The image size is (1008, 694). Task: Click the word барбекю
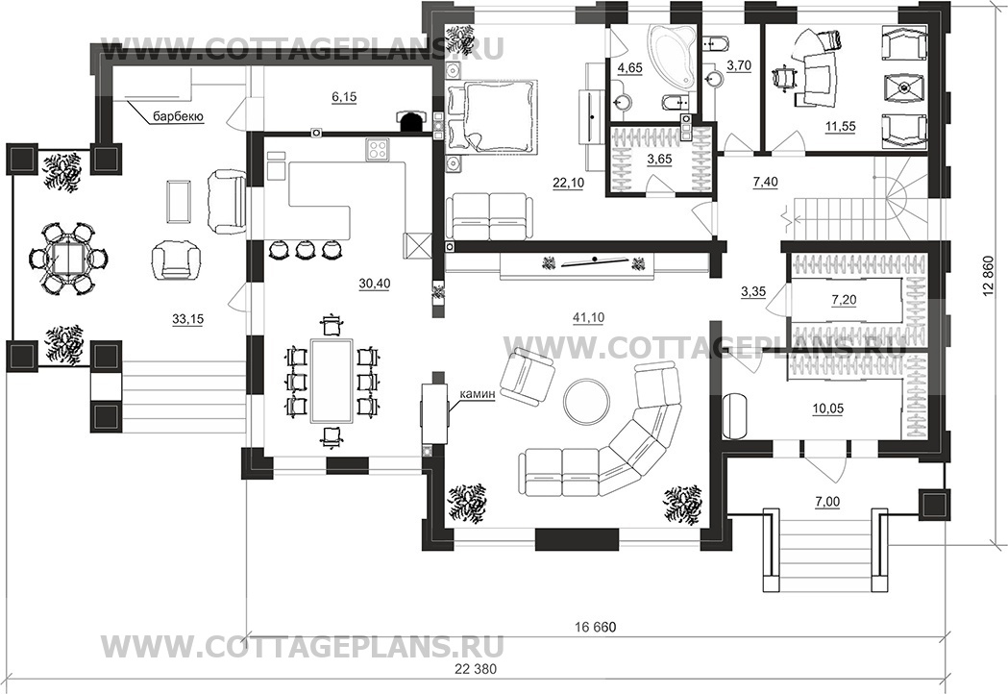point(178,117)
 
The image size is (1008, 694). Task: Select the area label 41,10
point(587,317)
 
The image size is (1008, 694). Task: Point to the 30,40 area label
point(375,283)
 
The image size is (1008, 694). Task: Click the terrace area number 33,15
point(187,318)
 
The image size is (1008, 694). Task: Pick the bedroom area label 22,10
point(568,183)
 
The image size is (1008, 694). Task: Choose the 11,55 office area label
point(840,126)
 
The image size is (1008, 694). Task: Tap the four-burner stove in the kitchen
point(377,151)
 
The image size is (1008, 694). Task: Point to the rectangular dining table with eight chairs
point(332,381)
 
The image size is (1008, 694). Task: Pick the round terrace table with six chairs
point(67,260)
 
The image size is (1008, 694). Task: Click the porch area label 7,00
point(827,502)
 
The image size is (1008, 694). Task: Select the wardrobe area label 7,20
point(844,300)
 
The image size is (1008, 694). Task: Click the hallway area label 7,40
point(765,182)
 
